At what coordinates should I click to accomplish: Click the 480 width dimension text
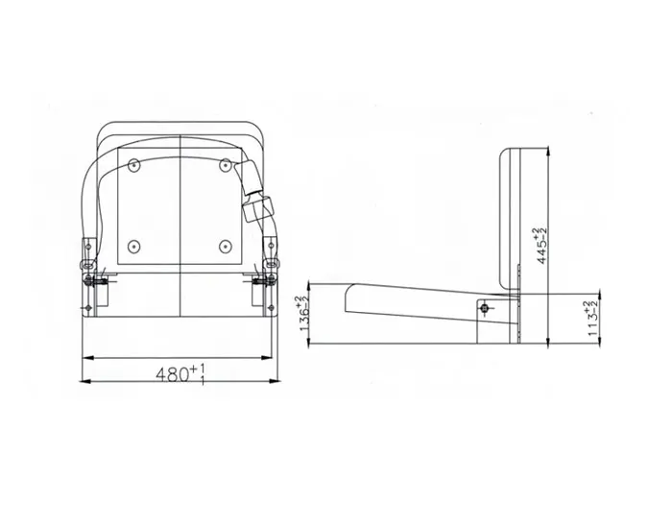click(x=180, y=375)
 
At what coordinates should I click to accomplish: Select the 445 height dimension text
click(x=543, y=244)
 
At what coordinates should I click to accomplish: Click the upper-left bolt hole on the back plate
click(x=134, y=166)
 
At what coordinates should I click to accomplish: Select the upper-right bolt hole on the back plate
click(x=225, y=166)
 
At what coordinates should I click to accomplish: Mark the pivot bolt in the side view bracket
click(x=487, y=307)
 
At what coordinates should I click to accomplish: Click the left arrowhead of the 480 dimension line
click(x=84, y=359)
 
